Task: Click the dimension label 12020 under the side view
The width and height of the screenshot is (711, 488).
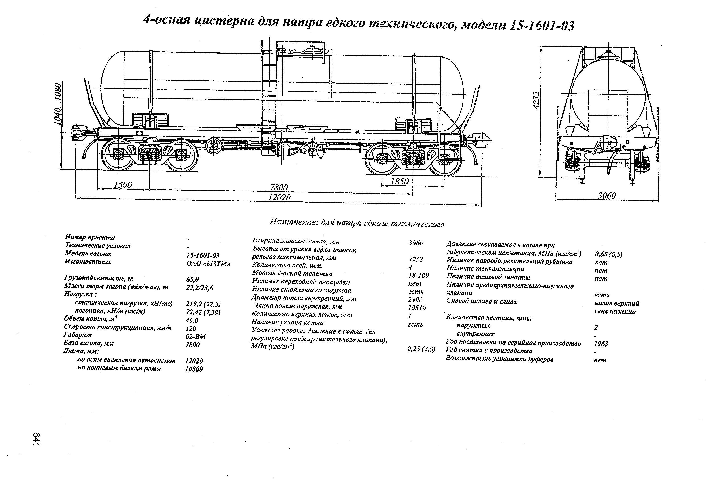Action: [x=279, y=197]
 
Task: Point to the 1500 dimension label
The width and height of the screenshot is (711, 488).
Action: [x=123, y=184]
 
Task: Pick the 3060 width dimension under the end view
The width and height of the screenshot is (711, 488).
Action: [x=607, y=195]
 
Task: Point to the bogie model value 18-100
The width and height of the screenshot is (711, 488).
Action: [x=418, y=275]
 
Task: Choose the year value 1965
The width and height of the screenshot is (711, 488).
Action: [x=601, y=344]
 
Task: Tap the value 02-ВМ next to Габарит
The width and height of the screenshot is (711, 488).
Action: [x=196, y=336]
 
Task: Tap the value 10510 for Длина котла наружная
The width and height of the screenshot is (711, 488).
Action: [x=417, y=308]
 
